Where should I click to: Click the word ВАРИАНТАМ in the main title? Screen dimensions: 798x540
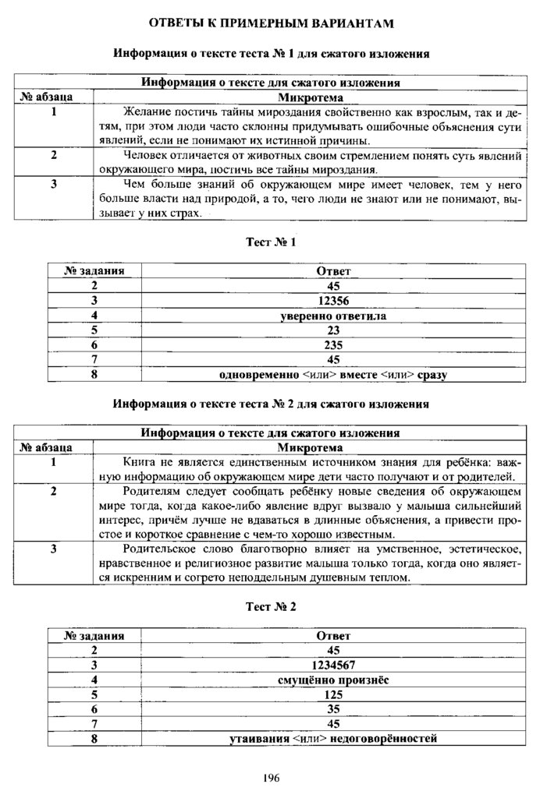point(347,23)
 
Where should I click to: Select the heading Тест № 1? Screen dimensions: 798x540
point(271,243)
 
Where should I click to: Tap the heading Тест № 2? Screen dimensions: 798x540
point(271,606)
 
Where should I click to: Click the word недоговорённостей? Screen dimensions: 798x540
point(385,739)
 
